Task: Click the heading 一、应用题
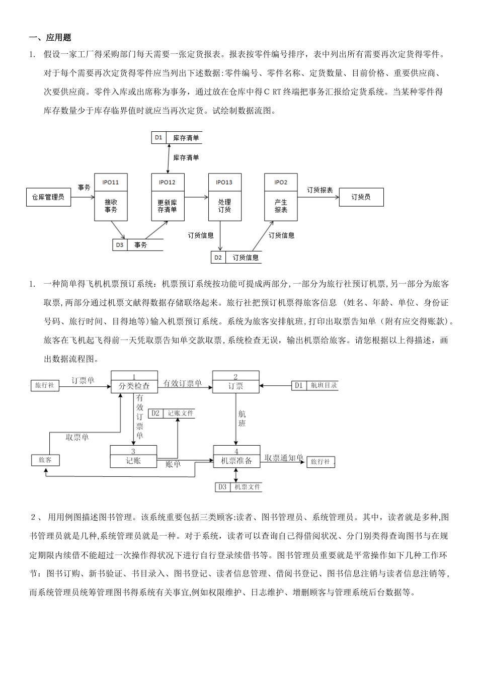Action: (50, 37)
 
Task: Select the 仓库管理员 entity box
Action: (48, 197)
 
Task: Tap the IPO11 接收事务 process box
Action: (111, 198)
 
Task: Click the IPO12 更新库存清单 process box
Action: (168, 198)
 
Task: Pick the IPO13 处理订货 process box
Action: (224, 198)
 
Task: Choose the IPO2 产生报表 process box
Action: (281, 198)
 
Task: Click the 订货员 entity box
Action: (361, 197)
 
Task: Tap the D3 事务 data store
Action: (137, 245)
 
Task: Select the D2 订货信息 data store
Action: (236, 258)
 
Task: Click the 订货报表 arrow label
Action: (320, 190)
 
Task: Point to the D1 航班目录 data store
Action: (314, 386)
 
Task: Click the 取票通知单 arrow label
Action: (284, 458)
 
